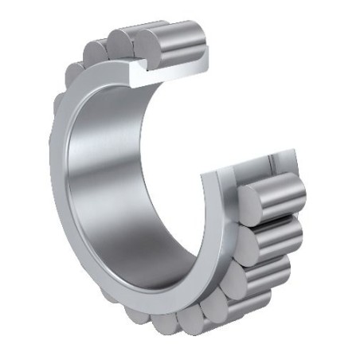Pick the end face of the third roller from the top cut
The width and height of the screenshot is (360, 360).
click(x=100, y=49)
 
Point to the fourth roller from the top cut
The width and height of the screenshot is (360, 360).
click(x=84, y=64)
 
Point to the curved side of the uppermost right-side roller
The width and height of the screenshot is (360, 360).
click(x=283, y=191)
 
